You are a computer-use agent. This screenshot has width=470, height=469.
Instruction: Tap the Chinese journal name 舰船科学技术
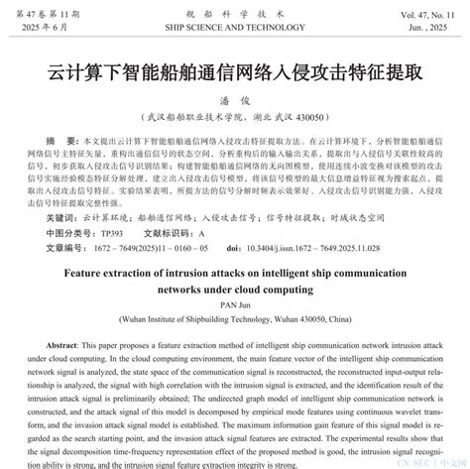point(234,10)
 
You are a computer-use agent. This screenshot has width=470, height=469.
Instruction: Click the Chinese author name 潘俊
point(234,100)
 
